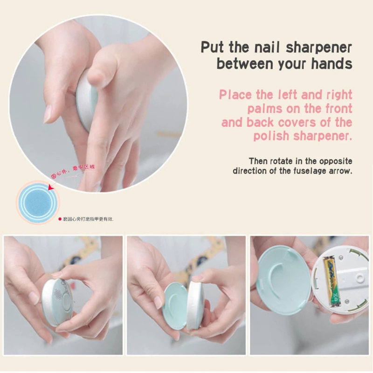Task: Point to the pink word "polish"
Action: click(271, 136)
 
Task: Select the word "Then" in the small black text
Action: click(258, 161)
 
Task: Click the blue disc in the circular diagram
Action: click(38, 201)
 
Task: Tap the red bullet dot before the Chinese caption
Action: click(60, 219)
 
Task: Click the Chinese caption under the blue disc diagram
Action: click(89, 219)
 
